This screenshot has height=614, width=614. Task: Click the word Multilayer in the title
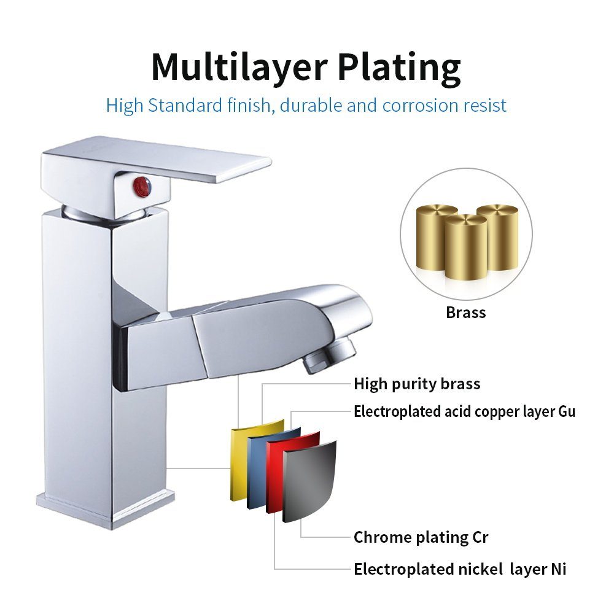[239, 67]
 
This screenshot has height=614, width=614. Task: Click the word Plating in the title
[399, 68]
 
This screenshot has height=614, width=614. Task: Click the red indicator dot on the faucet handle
[142, 185]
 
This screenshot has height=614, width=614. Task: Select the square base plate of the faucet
[105, 509]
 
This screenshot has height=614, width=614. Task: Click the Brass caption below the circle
[465, 313]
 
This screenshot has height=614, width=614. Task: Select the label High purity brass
[417, 384]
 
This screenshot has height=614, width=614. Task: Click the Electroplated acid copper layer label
[464, 411]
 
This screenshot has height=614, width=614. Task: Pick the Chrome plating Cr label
[421, 537]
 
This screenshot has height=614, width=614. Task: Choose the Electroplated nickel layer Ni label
[460, 569]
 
